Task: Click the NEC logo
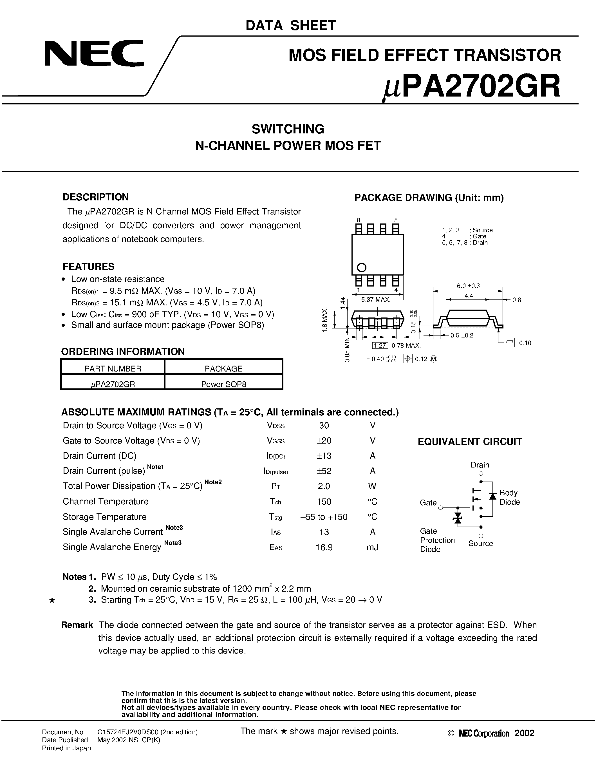(94, 53)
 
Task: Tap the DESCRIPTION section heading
(96, 197)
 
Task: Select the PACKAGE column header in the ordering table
(223, 369)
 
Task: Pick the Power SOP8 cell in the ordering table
(223, 384)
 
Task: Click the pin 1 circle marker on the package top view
(361, 267)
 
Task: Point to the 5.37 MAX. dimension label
(375, 300)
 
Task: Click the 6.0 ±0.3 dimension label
(468, 286)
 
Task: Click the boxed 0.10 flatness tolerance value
(525, 343)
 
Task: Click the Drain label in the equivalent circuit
(480, 465)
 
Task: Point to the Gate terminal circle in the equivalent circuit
(441, 508)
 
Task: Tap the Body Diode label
(509, 497)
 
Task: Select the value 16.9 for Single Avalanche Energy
(324, 547)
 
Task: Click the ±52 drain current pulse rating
(324, 471)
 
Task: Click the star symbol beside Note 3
(52, 600)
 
